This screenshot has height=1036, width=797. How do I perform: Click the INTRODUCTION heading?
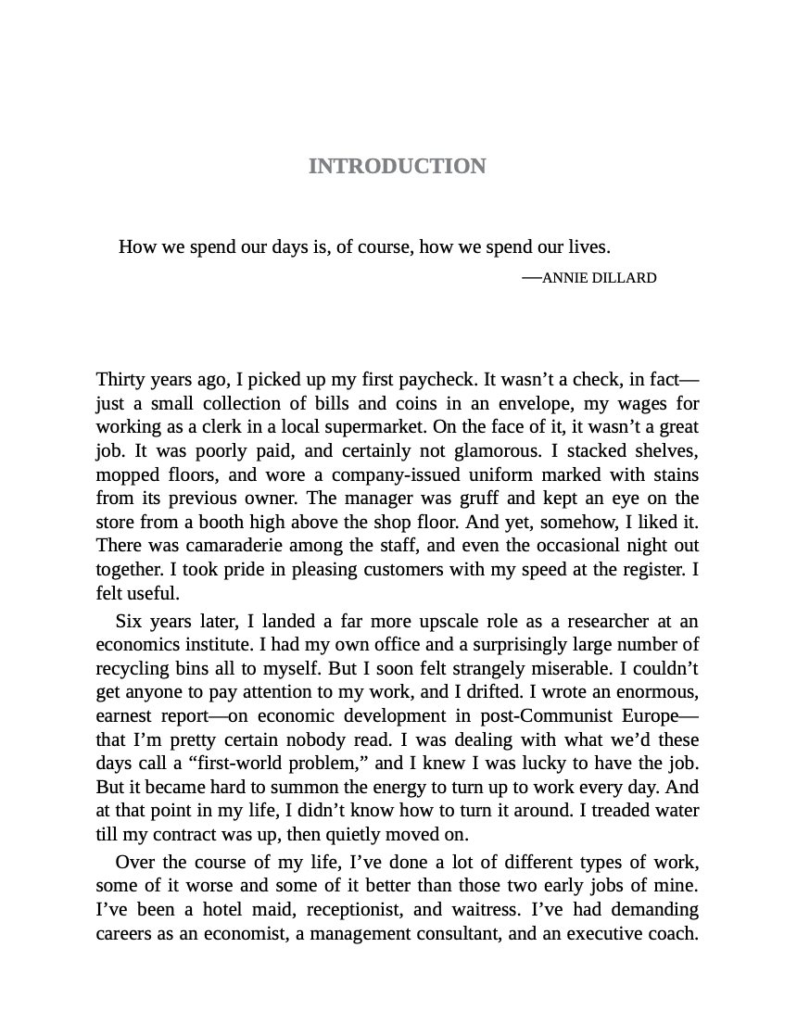(x=397, y=166)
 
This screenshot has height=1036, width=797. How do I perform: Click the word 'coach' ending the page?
(x=671, y=933)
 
